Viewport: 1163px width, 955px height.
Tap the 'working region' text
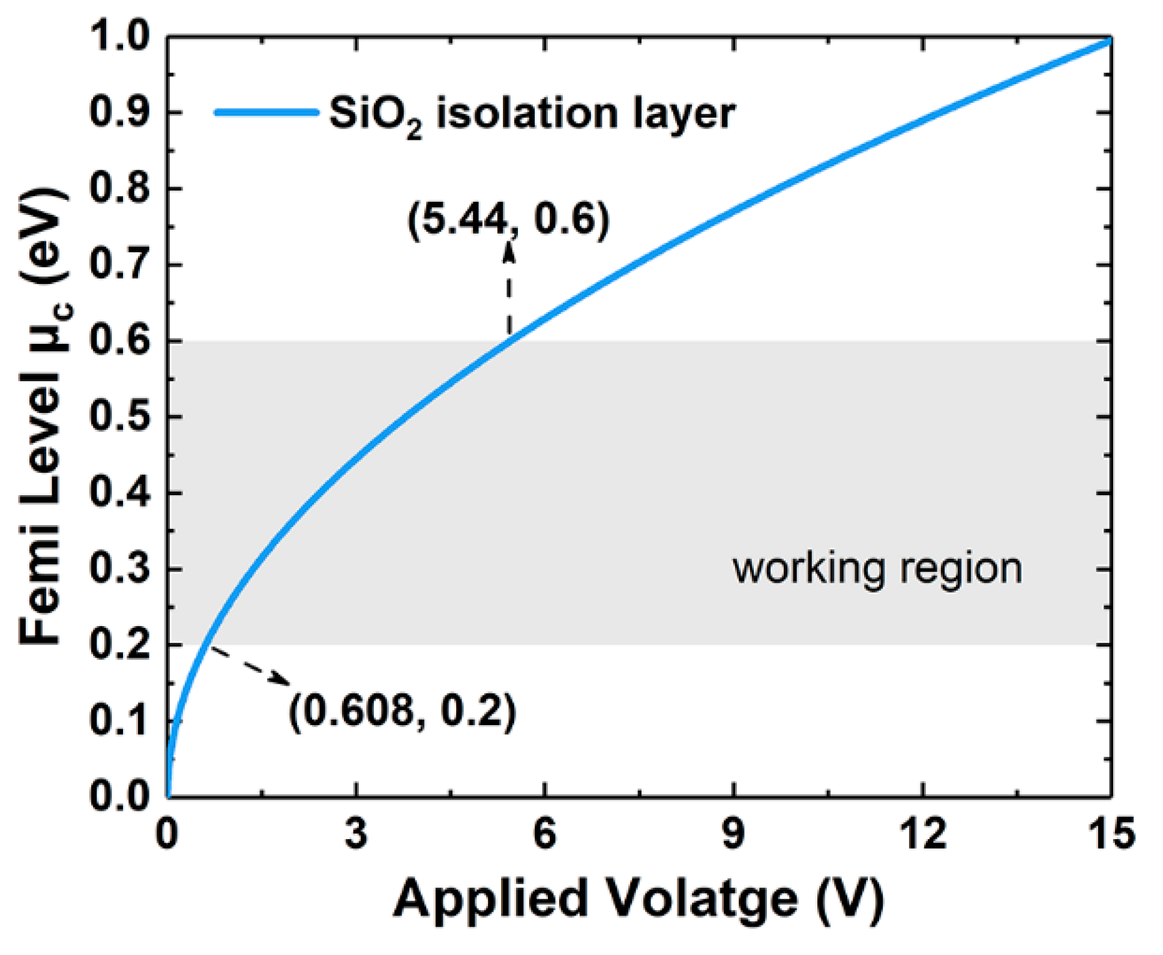[x=877, y=568]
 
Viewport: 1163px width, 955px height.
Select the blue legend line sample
[x=266, y=112]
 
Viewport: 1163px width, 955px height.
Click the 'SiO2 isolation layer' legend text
[x=532, y=114]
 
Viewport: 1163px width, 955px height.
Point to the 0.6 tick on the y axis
[x=169, y=341]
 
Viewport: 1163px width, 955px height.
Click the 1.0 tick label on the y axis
[x=119, y=37]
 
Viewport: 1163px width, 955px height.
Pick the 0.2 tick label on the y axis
[x=119, y=645]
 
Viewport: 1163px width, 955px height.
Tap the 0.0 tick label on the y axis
[x=119, y=796]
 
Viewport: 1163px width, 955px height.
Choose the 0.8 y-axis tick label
[x=119, y=189]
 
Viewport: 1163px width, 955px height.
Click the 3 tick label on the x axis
[x=356, y=833]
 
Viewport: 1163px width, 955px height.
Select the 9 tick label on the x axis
[x=733, y=833]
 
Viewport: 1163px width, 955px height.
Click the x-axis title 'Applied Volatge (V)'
[x=639, y=899]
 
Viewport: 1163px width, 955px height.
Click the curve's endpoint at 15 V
[x=1110, y=40]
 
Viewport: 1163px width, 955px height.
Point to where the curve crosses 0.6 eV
[x=510, y=341]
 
